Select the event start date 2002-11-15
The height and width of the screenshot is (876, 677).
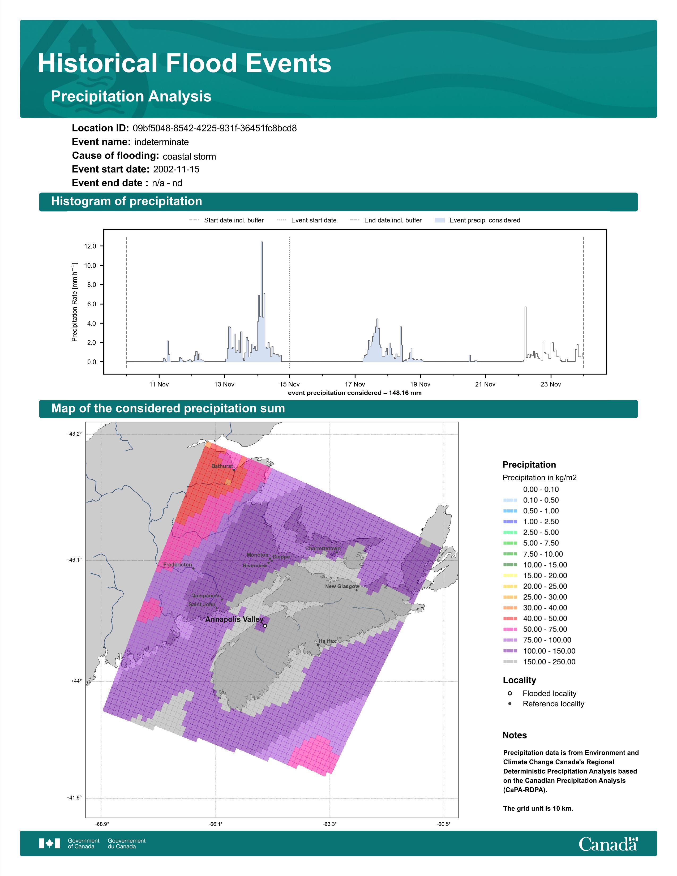click(176, 169)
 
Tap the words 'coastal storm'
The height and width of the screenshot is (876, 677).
click(189, 156)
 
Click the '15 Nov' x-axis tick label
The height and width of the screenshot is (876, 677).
click(290, 384)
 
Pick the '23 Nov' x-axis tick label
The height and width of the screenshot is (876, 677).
click(551, 384)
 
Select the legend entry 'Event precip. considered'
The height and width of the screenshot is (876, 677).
click(478, 220)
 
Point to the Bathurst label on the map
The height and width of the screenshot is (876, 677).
click(222, 466)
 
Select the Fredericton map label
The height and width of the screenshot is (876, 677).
click(178, 564)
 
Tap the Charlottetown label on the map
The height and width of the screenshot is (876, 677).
click(323, 548)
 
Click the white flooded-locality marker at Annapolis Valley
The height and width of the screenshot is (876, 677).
click(265, 625)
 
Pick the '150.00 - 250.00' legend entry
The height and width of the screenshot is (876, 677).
click(539, 662)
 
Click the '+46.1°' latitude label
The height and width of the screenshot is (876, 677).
click(74, 560)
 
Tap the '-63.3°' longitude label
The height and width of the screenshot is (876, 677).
click(330, 824)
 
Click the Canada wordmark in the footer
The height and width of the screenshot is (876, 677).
click(608, 845)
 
